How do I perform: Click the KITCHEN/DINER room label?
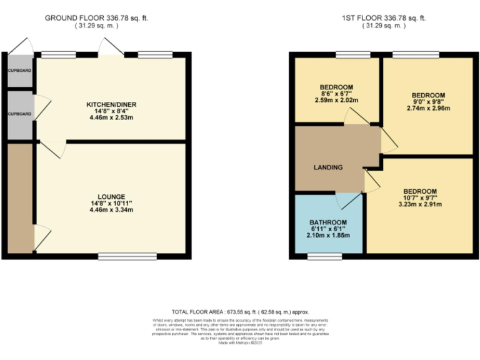click(111, 103)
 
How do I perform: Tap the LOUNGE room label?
click(111, 196)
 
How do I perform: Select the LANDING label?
click(328, 167)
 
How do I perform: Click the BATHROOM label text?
click(327, 222)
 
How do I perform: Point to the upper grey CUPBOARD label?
click(19, 71)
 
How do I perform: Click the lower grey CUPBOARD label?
click(19, 114)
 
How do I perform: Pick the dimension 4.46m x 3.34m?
click(111, 210)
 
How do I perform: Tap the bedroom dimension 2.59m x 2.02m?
click(336, 101)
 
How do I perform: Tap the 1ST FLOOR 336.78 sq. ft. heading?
click(383, 18)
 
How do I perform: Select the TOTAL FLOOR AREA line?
click(240, 311)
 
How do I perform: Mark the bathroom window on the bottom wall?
click(324, 256)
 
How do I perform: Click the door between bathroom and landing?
click(347, 197)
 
